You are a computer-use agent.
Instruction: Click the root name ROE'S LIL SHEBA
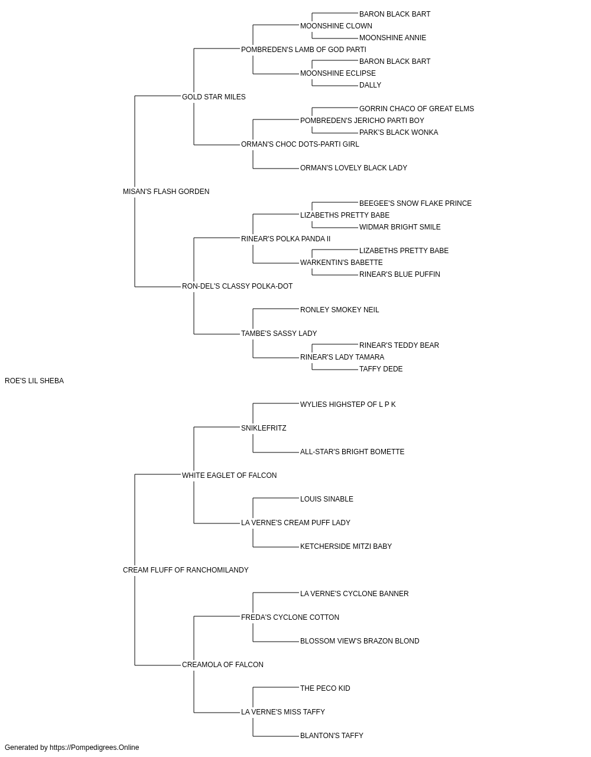pos(34,381)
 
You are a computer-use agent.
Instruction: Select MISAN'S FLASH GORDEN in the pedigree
pos(166,192)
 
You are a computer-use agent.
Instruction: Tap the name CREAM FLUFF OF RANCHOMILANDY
pos(186,570)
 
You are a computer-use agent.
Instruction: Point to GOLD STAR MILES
pos(214,97)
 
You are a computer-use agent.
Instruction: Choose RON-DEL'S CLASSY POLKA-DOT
pos(237,286)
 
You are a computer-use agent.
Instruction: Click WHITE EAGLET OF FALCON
pos(229,475)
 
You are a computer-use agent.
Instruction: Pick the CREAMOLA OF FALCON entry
pos(223,664)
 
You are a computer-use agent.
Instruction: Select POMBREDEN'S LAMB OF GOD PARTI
pos(304,50)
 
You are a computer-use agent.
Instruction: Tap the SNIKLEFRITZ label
pos(264,428)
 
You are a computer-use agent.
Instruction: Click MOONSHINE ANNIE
pos(392,38)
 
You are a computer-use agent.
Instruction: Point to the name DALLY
pos(371,85)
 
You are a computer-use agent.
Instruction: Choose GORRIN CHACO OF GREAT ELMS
pos(417,109)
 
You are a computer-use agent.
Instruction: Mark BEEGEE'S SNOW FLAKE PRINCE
pos(415,203)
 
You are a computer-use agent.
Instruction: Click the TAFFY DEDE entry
pos(381,369)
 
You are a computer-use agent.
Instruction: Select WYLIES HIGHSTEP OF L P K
pos(348,404)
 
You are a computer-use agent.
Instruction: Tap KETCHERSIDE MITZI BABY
pos(346,546)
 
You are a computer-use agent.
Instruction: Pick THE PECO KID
pos(325,688)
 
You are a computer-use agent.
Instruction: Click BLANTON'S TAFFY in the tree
pos(332,735)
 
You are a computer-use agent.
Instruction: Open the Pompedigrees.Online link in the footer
pos(95,748)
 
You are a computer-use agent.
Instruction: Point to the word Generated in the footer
pos(21,748)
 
